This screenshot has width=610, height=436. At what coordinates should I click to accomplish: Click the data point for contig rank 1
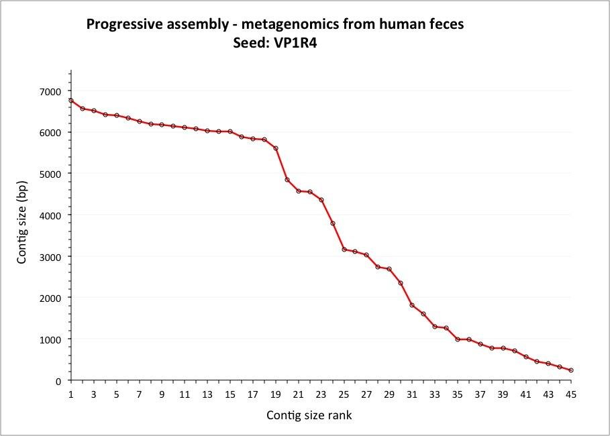(71, 101)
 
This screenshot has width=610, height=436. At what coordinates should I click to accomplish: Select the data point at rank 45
(571, 370)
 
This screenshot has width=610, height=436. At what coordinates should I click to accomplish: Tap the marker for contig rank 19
(276, 148)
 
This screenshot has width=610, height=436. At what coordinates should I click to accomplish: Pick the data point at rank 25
(344, 250)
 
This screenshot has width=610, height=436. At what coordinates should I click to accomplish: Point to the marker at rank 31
(412, 305)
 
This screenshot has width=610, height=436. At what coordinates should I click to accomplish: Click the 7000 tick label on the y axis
(50, 91)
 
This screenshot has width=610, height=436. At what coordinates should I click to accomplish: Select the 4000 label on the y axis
(50, 215)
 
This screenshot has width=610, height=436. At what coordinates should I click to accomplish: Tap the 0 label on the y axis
(58, 381)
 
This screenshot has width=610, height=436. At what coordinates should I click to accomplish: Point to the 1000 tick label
(50, 339)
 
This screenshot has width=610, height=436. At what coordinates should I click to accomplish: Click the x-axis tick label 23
(321, 394)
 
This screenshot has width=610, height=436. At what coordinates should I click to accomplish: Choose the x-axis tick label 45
(571, 394)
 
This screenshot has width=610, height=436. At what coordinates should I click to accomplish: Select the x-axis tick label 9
(162, 394)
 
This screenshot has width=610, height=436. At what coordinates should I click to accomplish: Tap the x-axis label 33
(435, 394)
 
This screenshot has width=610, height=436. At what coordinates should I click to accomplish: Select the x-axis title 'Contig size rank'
(309, 415)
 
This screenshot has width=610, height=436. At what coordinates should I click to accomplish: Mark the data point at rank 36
(469, 339)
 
